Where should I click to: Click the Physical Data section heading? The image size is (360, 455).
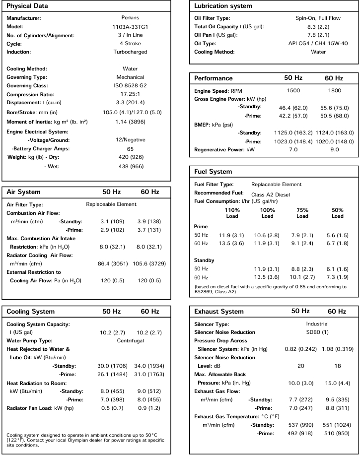pos(27,6)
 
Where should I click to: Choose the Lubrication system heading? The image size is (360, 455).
pos(223,6)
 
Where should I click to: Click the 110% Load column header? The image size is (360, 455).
pos(232,213)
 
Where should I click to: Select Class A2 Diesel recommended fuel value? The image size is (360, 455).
pos(271,194)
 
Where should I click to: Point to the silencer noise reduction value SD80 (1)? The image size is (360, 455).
pos(317,331)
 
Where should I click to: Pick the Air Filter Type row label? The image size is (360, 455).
pos(25,204)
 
